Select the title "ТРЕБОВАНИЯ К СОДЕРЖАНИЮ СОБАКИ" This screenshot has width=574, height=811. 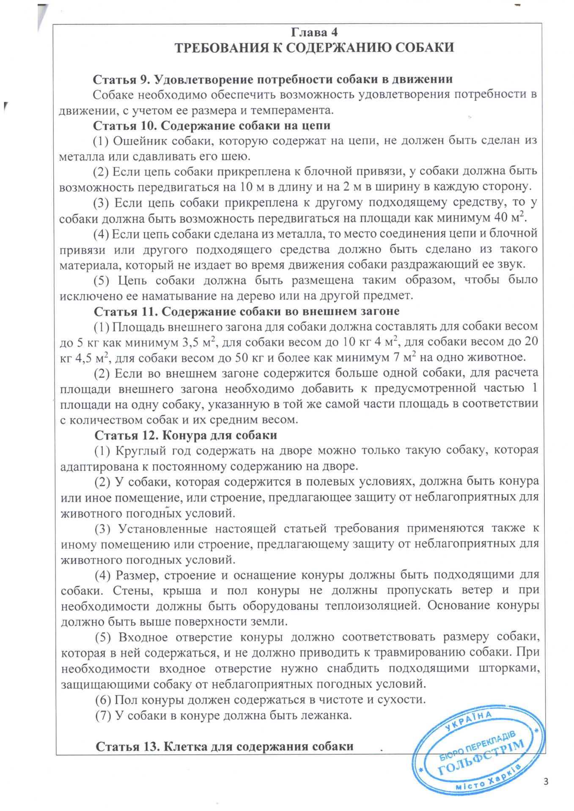click(315, 47)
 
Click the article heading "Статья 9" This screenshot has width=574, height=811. click(120, 79)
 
